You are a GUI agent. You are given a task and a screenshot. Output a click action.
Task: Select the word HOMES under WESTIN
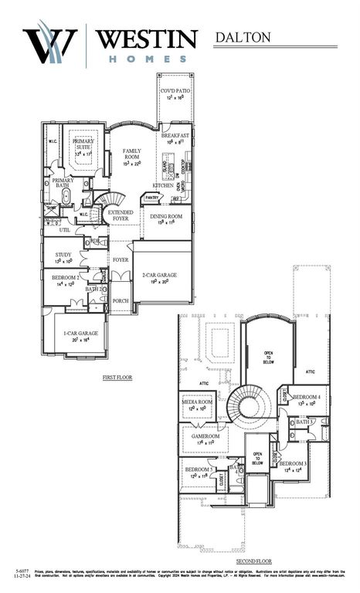[x=146, y=59]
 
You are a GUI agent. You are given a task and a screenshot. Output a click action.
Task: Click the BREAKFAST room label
[x=175, y=135]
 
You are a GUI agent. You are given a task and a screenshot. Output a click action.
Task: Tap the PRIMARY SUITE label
[x=83, y=144]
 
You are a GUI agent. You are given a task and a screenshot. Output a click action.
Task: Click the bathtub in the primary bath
[x=66, y=196]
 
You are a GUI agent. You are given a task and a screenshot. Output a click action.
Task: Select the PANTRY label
[x=151, y=198]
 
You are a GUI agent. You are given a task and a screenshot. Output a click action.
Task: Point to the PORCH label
[x=120, y=301]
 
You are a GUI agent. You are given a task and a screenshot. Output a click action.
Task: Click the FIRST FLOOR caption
[x=119, y=378]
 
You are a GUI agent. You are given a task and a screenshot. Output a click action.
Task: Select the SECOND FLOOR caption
[x=254, y=561]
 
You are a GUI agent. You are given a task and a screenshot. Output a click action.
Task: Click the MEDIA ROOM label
[x=197, y=402]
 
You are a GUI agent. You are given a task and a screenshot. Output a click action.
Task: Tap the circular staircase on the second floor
[x=249, y=405]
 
